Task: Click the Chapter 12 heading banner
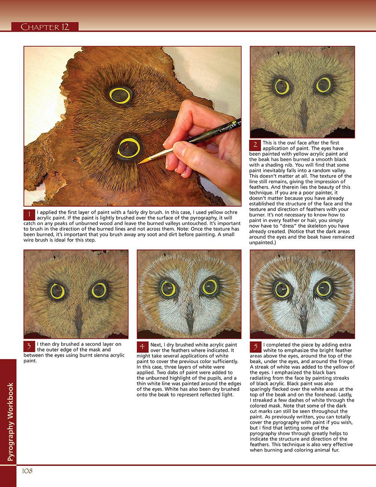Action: coord(45,26)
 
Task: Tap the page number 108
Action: coord(27,471)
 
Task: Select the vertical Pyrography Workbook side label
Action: coord(10,422)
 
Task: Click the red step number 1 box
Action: coord(29,215)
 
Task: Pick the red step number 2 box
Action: coord(255,145)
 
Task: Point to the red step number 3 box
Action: coord(29,347)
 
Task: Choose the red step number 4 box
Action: coord(143,347)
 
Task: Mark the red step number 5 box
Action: coord(256,347)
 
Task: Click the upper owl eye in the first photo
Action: coord(120,95)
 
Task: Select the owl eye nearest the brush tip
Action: coord(129,148)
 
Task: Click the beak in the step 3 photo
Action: coord(78,321)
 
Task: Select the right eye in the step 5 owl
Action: coord(324,289)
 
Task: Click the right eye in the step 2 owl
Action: coord(324,85)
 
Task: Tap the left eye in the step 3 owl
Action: coord(58,291)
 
